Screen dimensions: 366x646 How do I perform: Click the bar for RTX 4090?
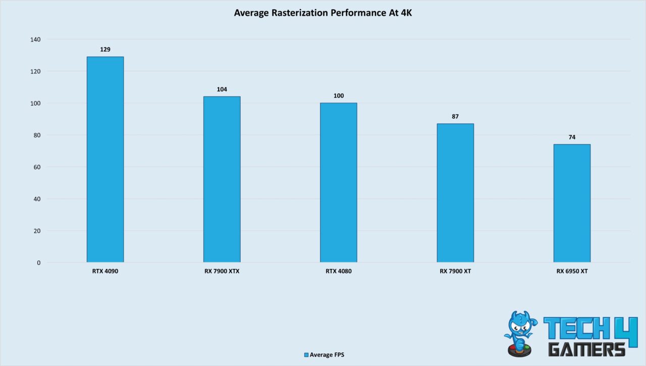point(105,159)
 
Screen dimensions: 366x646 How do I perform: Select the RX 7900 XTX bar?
point(222,179)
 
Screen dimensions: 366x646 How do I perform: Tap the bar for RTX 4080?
point(338,182)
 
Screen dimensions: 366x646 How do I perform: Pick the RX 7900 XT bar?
point(455,193)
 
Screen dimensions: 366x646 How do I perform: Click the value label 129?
point(105,50)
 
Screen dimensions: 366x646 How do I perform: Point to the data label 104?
point(222,89)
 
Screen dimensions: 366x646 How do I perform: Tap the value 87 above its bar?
point(455,117)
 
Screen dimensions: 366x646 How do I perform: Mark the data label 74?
point(572,138)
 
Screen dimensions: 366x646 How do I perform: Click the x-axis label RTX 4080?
point(338,271)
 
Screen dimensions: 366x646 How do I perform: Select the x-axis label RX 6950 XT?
point(572,271)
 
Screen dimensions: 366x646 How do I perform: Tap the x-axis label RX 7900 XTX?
point(222,271)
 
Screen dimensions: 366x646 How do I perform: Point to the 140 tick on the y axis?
point(36,39)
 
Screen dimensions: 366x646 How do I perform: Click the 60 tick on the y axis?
point(37,167)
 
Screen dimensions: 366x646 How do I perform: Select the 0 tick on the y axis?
point(39,263)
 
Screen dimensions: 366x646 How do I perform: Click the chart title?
point(323,13)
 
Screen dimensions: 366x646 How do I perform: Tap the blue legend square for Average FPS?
point(306,355)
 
